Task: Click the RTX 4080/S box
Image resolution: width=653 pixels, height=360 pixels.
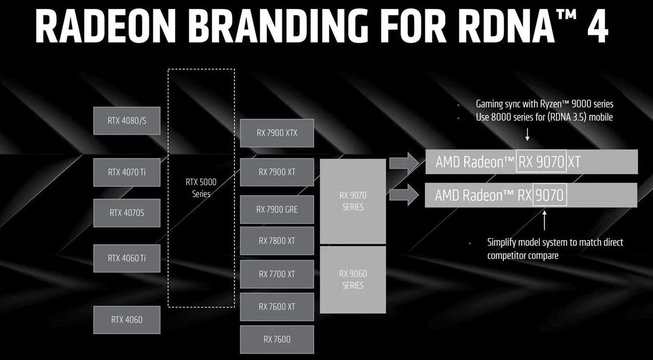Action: [127, 121]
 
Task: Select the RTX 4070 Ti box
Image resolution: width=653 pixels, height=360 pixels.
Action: [127, 172]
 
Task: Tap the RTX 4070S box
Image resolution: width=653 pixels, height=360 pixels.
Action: [127, 213]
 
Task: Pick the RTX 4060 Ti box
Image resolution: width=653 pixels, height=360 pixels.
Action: [127, 258]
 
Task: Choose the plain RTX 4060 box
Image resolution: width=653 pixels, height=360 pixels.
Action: [127, 320]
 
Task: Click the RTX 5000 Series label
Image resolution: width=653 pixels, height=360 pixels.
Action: [201, 188]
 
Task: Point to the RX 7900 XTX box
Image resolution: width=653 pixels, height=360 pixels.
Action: [277, 133]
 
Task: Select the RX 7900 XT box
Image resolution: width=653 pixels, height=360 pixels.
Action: [277, 172]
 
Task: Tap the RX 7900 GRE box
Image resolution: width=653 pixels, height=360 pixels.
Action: [277, 209]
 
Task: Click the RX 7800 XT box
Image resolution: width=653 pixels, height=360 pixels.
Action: [277, 241]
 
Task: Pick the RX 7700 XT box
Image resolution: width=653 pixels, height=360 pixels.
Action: [277, 274]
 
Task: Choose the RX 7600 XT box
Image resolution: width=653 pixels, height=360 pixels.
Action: [277, 307]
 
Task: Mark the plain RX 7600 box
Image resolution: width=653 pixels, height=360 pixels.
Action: [277, 339]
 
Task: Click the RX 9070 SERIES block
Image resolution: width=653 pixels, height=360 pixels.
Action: [353, 201]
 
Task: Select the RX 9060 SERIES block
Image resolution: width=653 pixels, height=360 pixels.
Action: [353, 280]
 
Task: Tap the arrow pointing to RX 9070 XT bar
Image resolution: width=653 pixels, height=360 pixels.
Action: [404, 163]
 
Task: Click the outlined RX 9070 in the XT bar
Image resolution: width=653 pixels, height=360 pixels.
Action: [541, 161]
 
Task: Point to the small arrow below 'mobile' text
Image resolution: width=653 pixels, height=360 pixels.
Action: [527, 134]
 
